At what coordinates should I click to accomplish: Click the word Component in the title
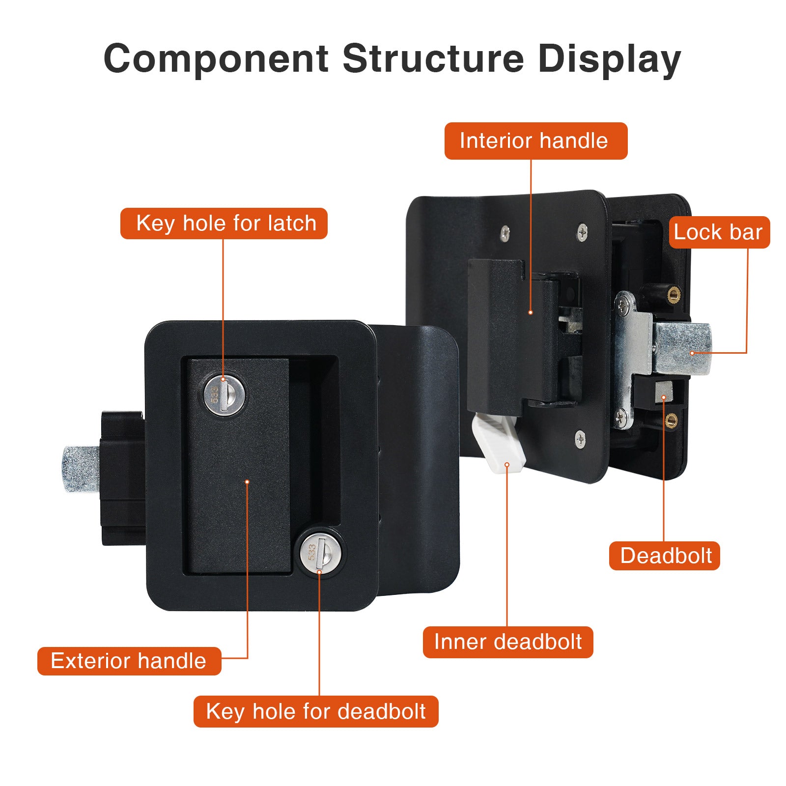click(x=216, y=59)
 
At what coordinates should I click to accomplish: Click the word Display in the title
click(x=609, y=59)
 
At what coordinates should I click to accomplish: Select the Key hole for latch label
click(x=224, y=224)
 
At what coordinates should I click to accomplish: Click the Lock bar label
click(x=718, y=232)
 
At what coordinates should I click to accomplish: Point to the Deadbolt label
click(x=665, y=556)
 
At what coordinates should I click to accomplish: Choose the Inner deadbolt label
click(x=508, y=642)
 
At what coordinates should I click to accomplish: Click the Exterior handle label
click(x=129, y=661)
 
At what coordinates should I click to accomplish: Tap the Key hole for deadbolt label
click(x=316, y=711)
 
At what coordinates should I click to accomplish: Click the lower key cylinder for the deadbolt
click(x=320, y=553)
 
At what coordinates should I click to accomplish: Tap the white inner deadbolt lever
click(x=499, y=442)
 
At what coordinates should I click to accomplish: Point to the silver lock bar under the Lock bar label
click(x=683, y=348)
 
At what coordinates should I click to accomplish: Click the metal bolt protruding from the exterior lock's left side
click(x=81, y=469)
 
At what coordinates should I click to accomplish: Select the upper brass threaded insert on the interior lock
click(x=673, y=294)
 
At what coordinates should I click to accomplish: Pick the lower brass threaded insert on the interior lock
click(x=671, y=420)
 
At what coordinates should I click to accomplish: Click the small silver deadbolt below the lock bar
click(x=664, y=391)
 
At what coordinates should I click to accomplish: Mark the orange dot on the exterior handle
click(x=247, y=482)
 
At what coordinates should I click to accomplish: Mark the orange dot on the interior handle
click(x=531, y=312)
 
